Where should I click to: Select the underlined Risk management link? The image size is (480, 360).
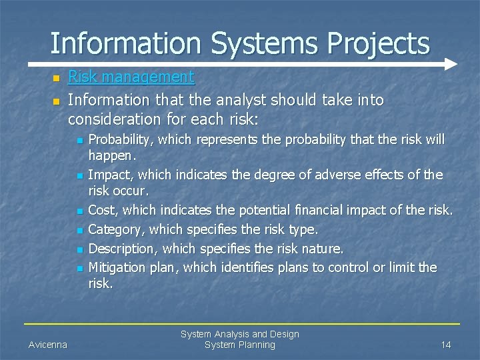click(131, 77)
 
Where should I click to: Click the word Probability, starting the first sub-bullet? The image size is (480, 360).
click(120, 140)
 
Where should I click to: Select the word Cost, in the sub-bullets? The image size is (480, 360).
click(103, 209)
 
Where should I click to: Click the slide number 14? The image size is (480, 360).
click(445, 345)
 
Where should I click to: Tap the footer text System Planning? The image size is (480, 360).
click(239, 345)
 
